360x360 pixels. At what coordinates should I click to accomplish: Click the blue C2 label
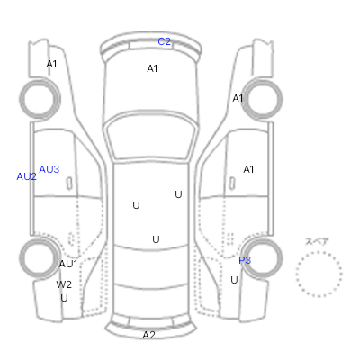click(x=164, y=41)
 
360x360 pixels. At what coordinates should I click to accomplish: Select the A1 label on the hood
click(x=152, y=68)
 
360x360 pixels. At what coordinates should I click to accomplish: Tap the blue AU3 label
click(x=49, y=169)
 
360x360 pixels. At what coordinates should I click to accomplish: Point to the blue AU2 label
click(x=26, y=176)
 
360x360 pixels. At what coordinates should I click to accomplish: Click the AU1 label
click(x=68, y=264)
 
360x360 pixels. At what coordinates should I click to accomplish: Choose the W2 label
click(x=64, y=284)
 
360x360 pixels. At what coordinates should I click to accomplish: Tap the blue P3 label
click(x=245, y=260)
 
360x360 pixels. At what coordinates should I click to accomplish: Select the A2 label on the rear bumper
click(x=148, y=335)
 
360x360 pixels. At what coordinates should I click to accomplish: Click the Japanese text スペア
click(x=317, y=241)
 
